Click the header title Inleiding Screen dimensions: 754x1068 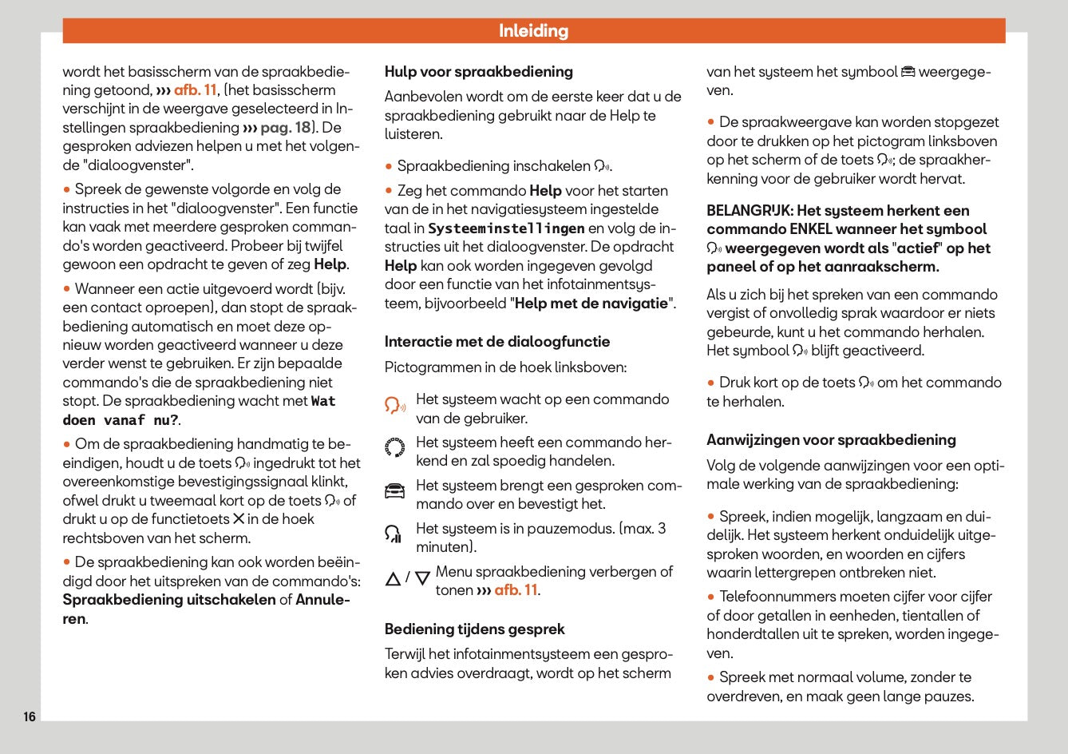click(533, 31)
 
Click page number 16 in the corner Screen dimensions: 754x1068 click(30, 716)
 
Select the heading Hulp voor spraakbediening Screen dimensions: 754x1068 click(478, 72)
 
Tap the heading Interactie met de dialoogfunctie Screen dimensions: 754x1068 click(496, 342)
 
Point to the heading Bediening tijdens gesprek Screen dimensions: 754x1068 click(474, 629)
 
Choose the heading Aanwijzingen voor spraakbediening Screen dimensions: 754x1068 click(831, 440)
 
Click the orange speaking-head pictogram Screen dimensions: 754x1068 click(394, 406)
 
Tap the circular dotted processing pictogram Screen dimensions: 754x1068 click(394, 448)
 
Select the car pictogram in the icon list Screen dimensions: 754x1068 click(394, 491)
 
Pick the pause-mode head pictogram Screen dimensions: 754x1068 click(394, 534)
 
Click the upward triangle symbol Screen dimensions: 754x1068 click(393, 579)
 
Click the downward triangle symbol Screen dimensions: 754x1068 click(422, 579)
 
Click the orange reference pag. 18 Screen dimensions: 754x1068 click(285, 128)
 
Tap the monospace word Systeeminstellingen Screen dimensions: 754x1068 click(506, 228)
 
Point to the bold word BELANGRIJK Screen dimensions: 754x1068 click(749, 211)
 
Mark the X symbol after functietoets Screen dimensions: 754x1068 click(238, 519)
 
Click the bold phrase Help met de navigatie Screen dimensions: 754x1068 click(591, 304)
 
